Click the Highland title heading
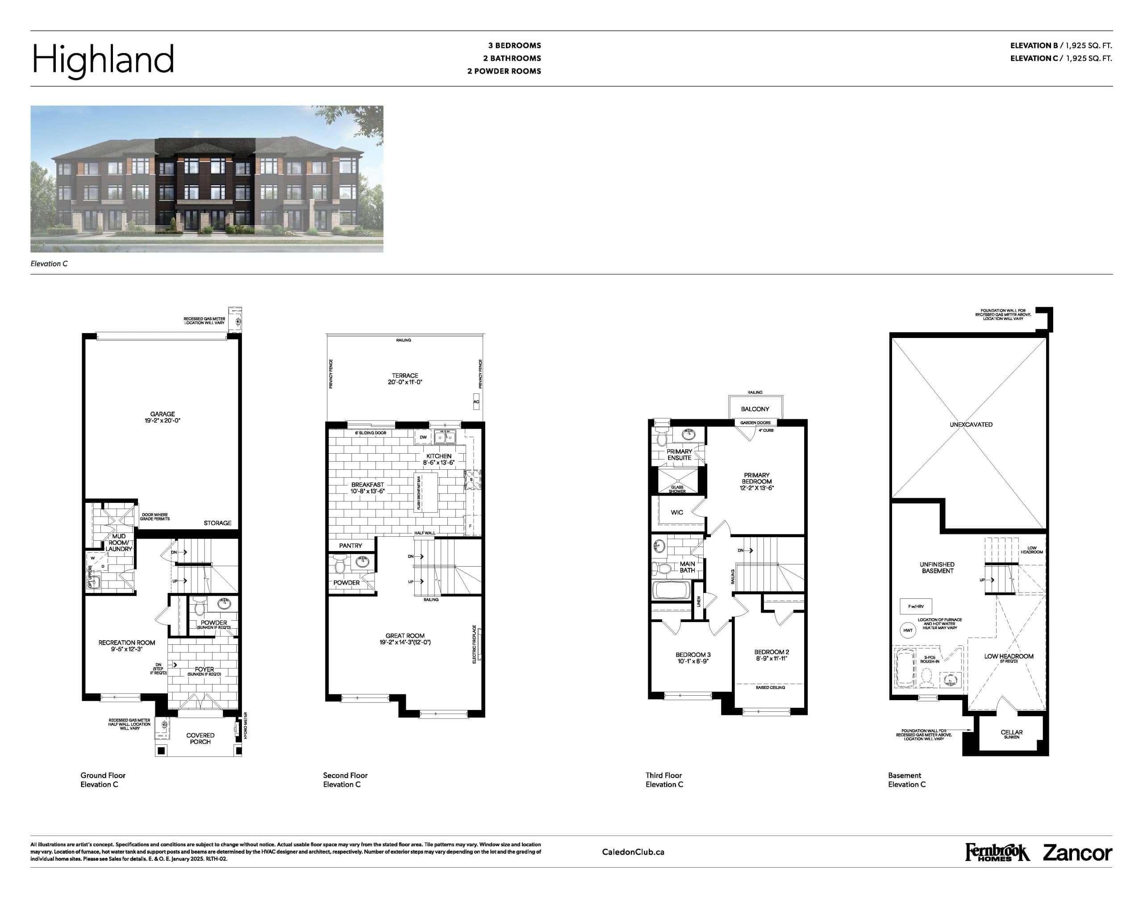click(103, 59)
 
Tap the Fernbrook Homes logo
click(996, 852)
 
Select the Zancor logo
click(1077, 853)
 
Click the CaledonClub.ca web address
click(633, 852)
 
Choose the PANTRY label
click(350, 546)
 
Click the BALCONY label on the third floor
click(755, 409)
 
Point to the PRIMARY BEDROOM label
click(756, 481)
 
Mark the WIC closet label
click(677, 513)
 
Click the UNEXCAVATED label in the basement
click(971, 424)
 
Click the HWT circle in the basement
click(907, 631)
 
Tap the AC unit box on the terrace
click(476, 402)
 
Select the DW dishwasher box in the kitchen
click(423, 437)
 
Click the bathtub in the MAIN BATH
click(672, 590)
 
